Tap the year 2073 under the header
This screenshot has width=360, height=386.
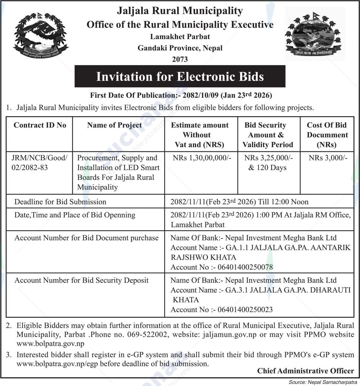180,59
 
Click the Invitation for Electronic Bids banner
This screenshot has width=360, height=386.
180,76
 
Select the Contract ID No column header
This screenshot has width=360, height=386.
40,125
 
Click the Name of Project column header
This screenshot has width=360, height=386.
114,125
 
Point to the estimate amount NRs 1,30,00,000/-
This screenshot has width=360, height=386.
202,158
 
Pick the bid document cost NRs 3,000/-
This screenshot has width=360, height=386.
328,158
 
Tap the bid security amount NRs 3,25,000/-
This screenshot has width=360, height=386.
268,158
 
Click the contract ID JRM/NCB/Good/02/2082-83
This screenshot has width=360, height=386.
39,163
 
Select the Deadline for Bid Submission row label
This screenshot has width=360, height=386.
60,202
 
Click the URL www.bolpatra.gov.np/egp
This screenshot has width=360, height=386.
59,364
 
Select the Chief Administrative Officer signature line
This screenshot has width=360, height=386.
305,371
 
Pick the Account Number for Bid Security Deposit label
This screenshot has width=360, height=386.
81,280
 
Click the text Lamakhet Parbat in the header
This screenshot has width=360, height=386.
180,37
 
